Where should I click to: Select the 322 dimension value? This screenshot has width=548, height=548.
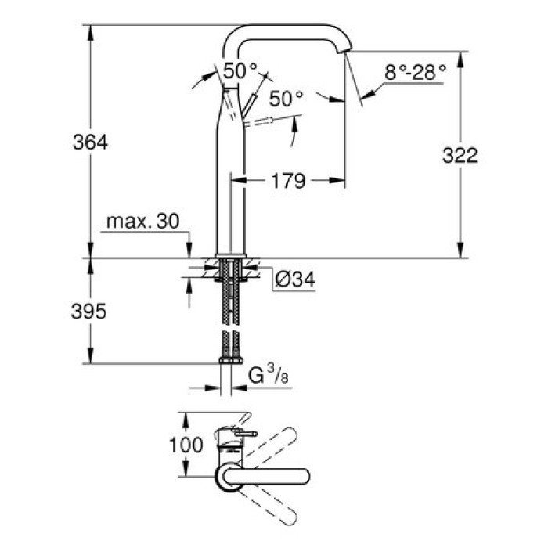[x=460, y=155]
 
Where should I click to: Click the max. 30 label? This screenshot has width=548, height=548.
[x=143, y=222]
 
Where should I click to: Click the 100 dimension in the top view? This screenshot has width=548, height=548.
[x=186, y=445]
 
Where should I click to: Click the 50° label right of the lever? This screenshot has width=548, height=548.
[x=286, y=99]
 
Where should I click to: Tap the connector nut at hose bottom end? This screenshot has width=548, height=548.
[x=229, y=361]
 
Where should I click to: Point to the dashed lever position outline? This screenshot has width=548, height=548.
[x=262, y=122]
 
